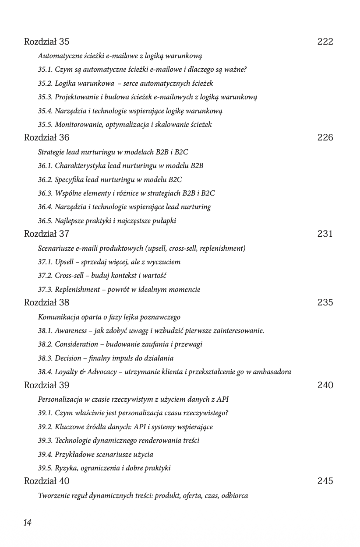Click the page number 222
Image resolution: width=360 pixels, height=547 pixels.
pos(325,42)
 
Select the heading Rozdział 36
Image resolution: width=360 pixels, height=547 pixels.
pos(46,138)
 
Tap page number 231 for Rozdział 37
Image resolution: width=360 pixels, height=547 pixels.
pos(325,234)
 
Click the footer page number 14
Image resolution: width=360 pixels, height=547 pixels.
pos(28,522)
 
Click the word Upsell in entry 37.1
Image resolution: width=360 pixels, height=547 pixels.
pos(65,262)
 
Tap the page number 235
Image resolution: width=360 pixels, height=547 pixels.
pos(325,302)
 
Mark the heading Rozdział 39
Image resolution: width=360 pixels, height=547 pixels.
pos(46,386)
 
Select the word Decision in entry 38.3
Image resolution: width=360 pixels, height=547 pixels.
pos(68,358)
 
